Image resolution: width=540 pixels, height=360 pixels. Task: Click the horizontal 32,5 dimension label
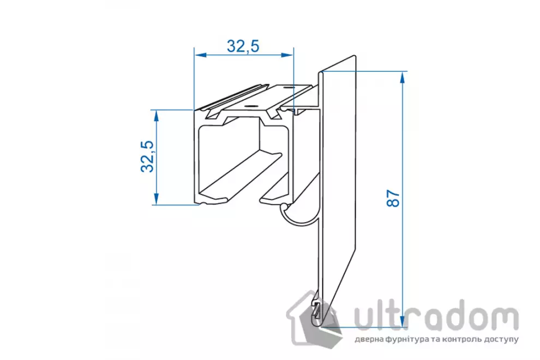(243, 46)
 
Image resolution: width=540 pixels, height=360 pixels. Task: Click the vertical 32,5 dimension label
(148, 156)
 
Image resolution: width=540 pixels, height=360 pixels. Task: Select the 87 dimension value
(393, 198)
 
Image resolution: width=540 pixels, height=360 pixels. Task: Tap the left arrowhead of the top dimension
(200, 55)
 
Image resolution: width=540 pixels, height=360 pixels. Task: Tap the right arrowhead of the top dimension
(287, 55)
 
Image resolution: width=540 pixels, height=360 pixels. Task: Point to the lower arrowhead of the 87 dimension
(402, 320)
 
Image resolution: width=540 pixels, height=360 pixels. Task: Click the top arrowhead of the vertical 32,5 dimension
(157, 116)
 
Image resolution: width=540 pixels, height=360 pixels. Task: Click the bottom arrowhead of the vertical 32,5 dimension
(157, 199)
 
